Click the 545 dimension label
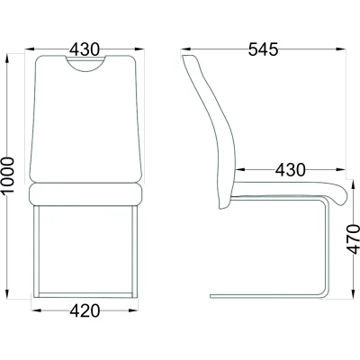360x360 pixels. (263, 49)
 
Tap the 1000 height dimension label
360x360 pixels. (8, 175)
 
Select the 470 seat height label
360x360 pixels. (353, 239)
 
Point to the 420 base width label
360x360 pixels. (85, 310)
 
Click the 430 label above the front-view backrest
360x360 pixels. (85, 49)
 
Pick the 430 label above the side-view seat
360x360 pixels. (291, 170)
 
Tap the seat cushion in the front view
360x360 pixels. (85, 194)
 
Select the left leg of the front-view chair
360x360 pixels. (36, 251)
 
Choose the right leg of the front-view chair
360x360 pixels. (135, 251)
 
